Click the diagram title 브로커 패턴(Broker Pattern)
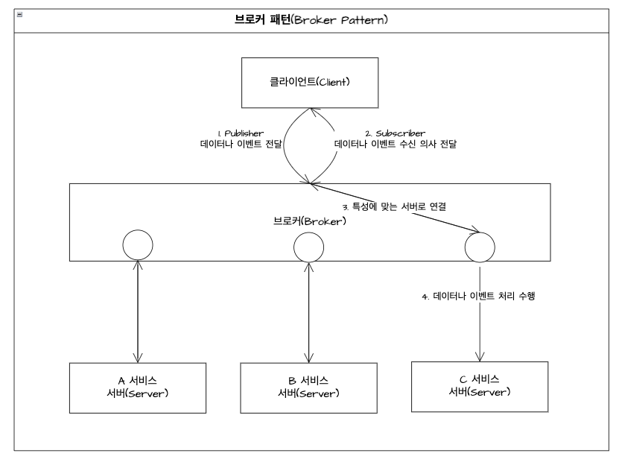[x=308, y=20]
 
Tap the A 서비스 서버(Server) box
[x=138, y=386]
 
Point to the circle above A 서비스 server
[x=138, y=245]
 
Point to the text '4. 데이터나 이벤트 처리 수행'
[x=479, y=297]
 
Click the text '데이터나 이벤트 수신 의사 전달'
[x=395, y=145]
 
